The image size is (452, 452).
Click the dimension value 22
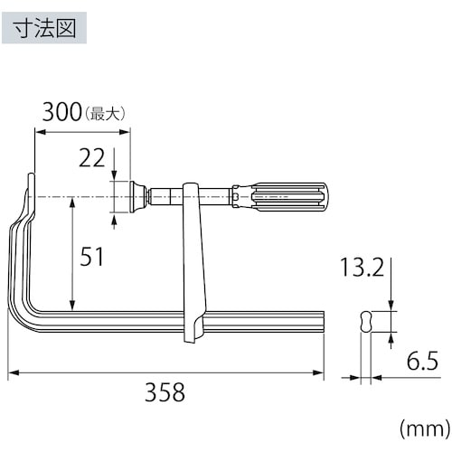(x=91, y=159)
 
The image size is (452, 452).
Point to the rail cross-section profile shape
(x=365, y=323)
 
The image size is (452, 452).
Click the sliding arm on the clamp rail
(x=193, y=262)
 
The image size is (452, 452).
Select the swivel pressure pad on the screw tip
(x=137, y=194)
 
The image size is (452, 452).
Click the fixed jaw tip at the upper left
(x=31, y=184)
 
